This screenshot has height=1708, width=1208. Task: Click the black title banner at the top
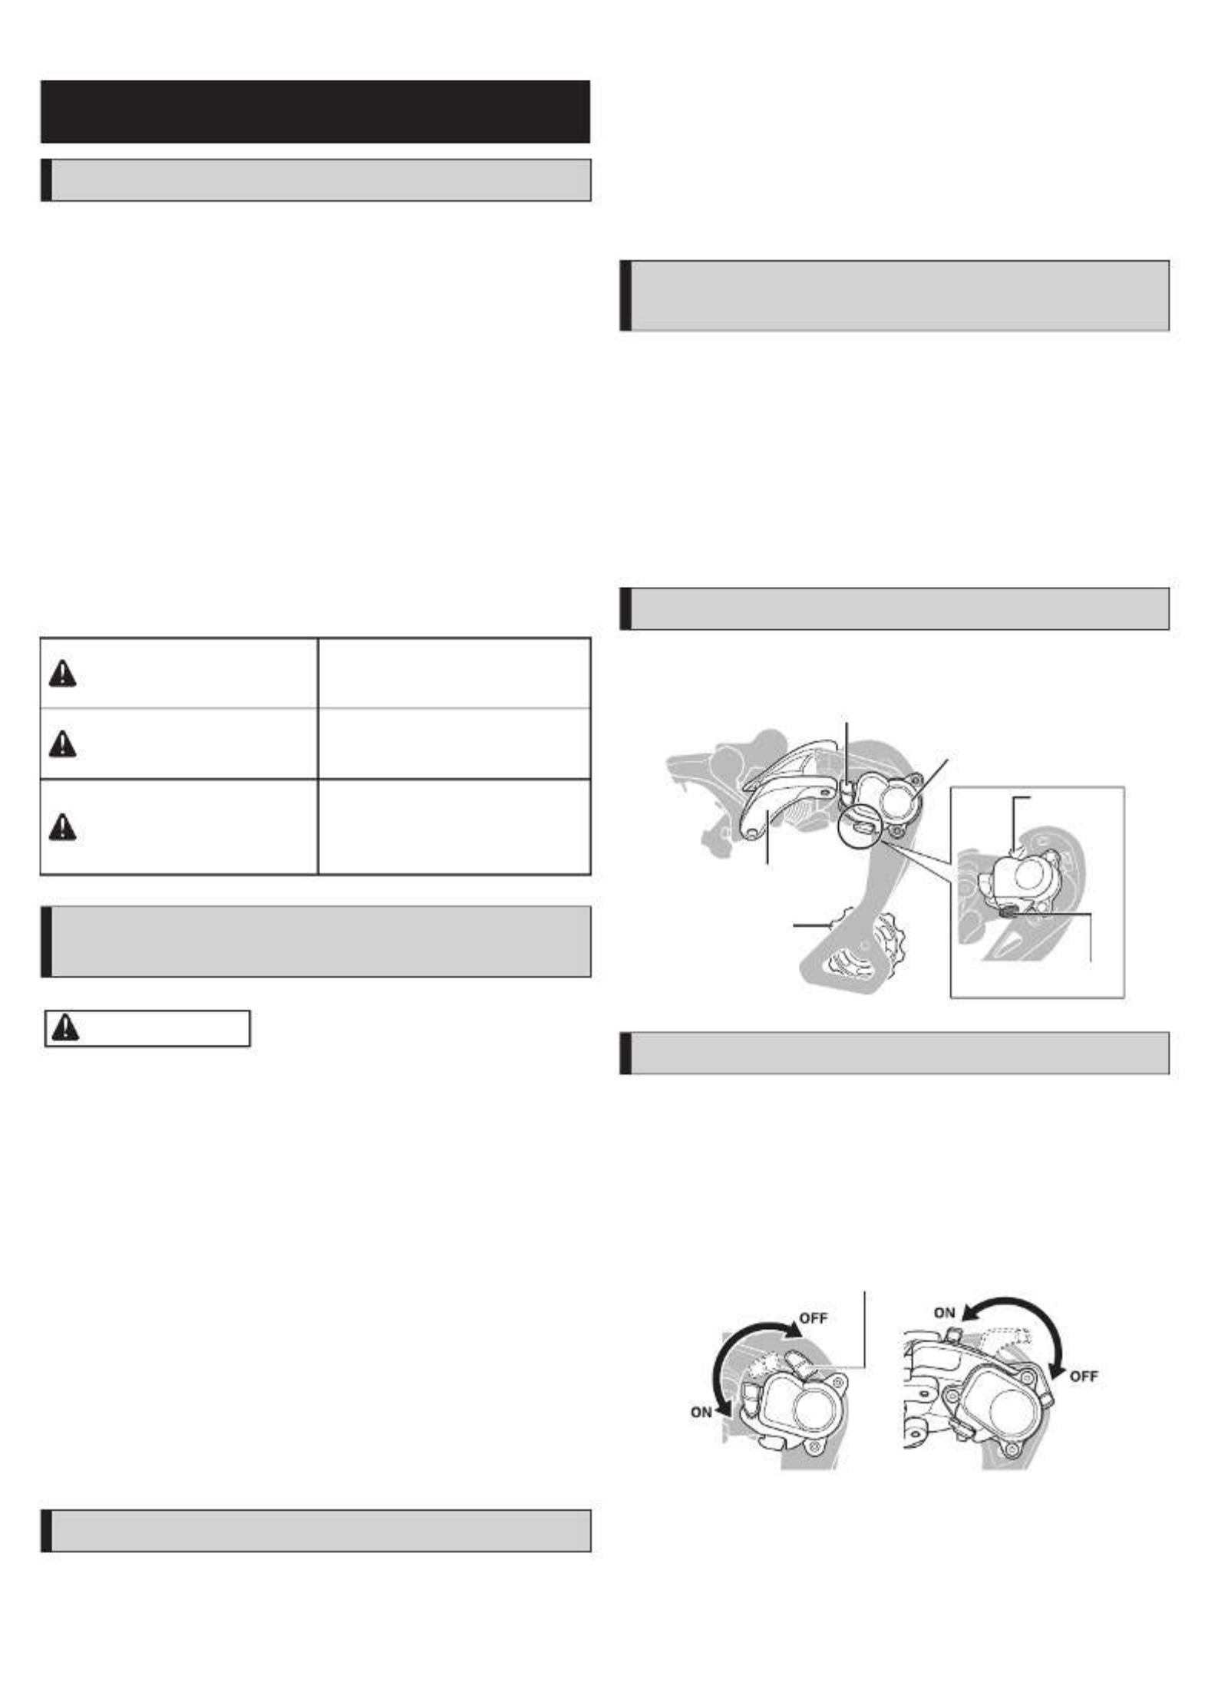point(315,111)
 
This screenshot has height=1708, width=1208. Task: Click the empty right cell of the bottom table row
point(454,826)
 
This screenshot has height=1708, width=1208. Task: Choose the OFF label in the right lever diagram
point(1083,1376)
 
